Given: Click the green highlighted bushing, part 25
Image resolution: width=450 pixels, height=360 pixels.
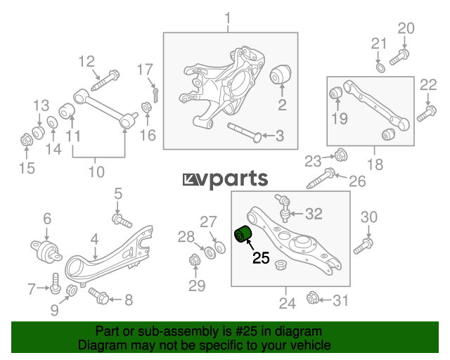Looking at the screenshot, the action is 243,234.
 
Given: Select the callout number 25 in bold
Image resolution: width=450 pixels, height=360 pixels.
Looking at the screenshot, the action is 261,257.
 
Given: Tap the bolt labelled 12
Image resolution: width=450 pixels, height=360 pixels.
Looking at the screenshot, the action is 105,80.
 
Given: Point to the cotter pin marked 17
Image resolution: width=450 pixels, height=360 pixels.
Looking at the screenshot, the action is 155,95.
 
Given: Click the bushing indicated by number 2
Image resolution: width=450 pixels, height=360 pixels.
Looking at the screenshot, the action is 281,75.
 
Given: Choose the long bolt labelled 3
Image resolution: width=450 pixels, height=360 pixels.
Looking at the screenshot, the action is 245,132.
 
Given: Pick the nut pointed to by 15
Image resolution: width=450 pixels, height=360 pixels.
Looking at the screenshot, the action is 27,140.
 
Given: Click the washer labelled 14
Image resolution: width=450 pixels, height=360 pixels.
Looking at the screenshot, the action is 52,122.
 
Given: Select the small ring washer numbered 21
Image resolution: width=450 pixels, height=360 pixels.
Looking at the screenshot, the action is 380,69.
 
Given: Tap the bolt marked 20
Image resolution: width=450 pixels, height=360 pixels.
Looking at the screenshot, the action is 399,57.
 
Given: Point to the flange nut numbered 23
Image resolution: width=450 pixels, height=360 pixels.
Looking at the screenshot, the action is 341,155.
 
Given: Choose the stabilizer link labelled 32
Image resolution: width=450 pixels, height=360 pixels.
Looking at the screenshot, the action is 283,208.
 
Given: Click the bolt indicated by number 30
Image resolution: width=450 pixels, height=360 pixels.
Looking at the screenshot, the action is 364,246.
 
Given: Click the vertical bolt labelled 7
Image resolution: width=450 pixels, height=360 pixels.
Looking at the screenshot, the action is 56,283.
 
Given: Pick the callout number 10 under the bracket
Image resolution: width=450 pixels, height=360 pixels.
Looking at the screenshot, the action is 96,172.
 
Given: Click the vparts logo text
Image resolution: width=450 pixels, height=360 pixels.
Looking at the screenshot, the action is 225,179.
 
